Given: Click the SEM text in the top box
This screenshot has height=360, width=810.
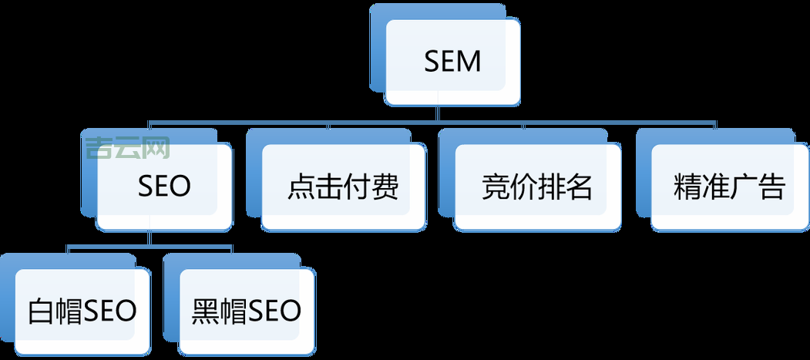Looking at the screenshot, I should click(452, 62).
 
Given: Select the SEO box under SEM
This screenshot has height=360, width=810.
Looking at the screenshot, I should click(164, 187).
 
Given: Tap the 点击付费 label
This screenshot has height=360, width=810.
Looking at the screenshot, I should click(344, 187).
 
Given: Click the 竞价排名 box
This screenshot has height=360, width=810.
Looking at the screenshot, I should click(536, 187).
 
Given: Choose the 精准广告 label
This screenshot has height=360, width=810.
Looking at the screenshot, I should click(729, 187).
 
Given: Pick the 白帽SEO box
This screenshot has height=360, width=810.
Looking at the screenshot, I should click(82, 311).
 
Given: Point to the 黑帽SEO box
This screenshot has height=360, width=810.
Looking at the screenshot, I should click(246, 311).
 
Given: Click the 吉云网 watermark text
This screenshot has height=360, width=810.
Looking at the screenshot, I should click(128, 146).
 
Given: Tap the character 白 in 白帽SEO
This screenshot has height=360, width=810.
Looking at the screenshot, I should click(39, 311).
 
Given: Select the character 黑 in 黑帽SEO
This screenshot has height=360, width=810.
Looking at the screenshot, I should click(205, 311).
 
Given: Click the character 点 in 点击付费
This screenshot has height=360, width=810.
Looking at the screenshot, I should click(301, 187).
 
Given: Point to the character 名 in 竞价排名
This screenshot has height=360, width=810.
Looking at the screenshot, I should click(579, 187).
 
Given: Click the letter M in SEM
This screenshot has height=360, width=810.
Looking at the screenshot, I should click(469, 62).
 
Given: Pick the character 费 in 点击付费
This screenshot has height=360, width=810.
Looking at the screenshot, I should click(385, 187).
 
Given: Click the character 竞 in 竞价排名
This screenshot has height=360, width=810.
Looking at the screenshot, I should click(495, 187).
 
